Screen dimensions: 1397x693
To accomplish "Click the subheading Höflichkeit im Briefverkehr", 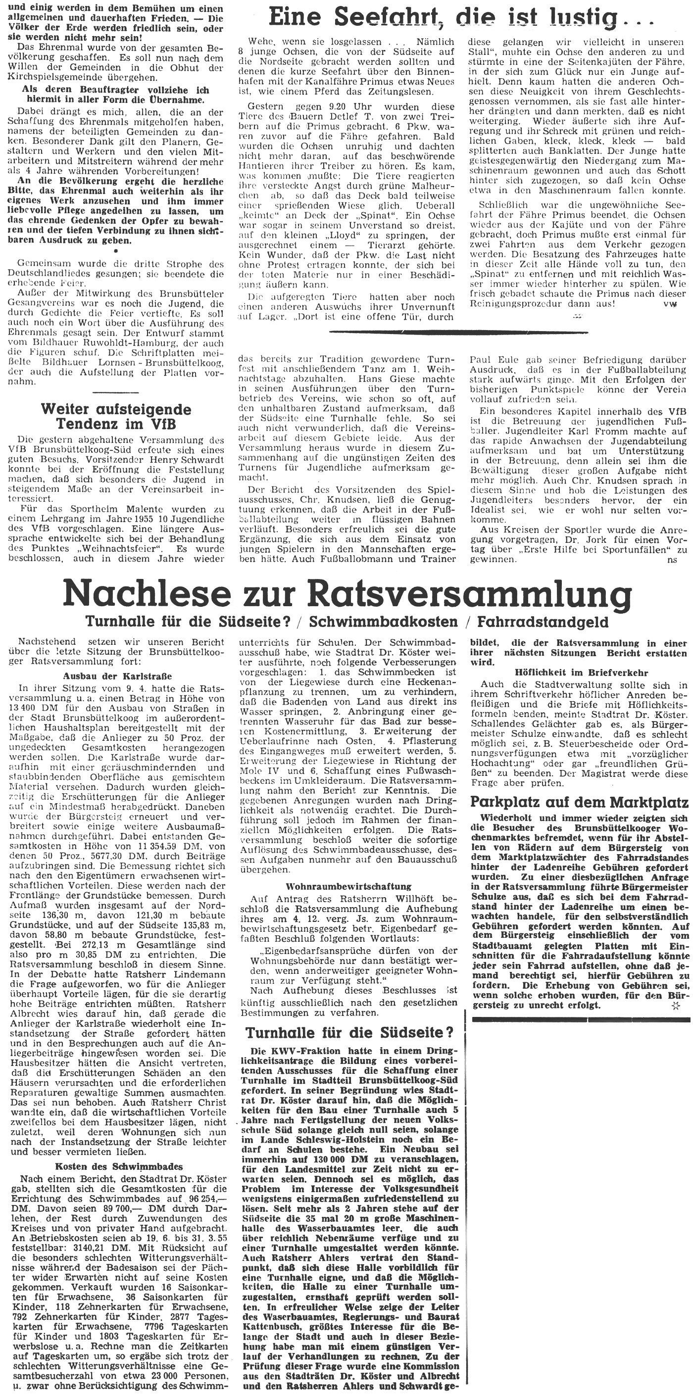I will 579,672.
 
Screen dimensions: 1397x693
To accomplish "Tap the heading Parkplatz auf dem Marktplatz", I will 579,802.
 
